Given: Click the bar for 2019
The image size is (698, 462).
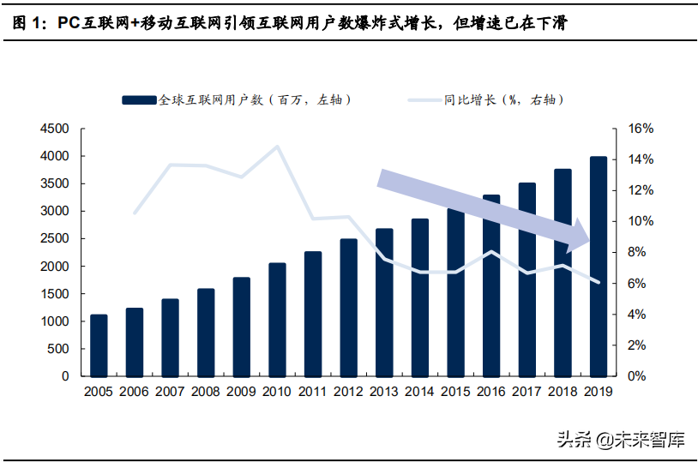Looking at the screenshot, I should pyautogui.click(x=598, y=267).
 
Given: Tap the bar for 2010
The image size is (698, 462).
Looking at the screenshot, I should pyautogui.click(x=277, y=320).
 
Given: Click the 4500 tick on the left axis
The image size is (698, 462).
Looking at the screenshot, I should pyautogui.click(x=54, y=129).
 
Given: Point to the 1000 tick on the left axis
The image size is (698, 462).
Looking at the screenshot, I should pyautogui.click(x=54, y=321).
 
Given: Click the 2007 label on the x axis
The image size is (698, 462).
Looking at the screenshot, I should pyautogui.click(x=170, y=392).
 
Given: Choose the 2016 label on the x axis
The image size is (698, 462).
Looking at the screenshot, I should pyautogui.click(x=490, y=392).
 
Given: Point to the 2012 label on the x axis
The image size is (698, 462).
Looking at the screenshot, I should pyautogui.click(x=348, y=392).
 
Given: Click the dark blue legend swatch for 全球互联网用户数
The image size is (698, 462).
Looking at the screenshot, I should pyautogui.click(x=139, y=100).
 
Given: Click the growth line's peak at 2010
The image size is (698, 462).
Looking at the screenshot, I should pyautogui.click(x=277, y=147).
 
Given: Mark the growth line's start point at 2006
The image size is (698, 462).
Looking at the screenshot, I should pyautogui.click(x=135, y=213).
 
